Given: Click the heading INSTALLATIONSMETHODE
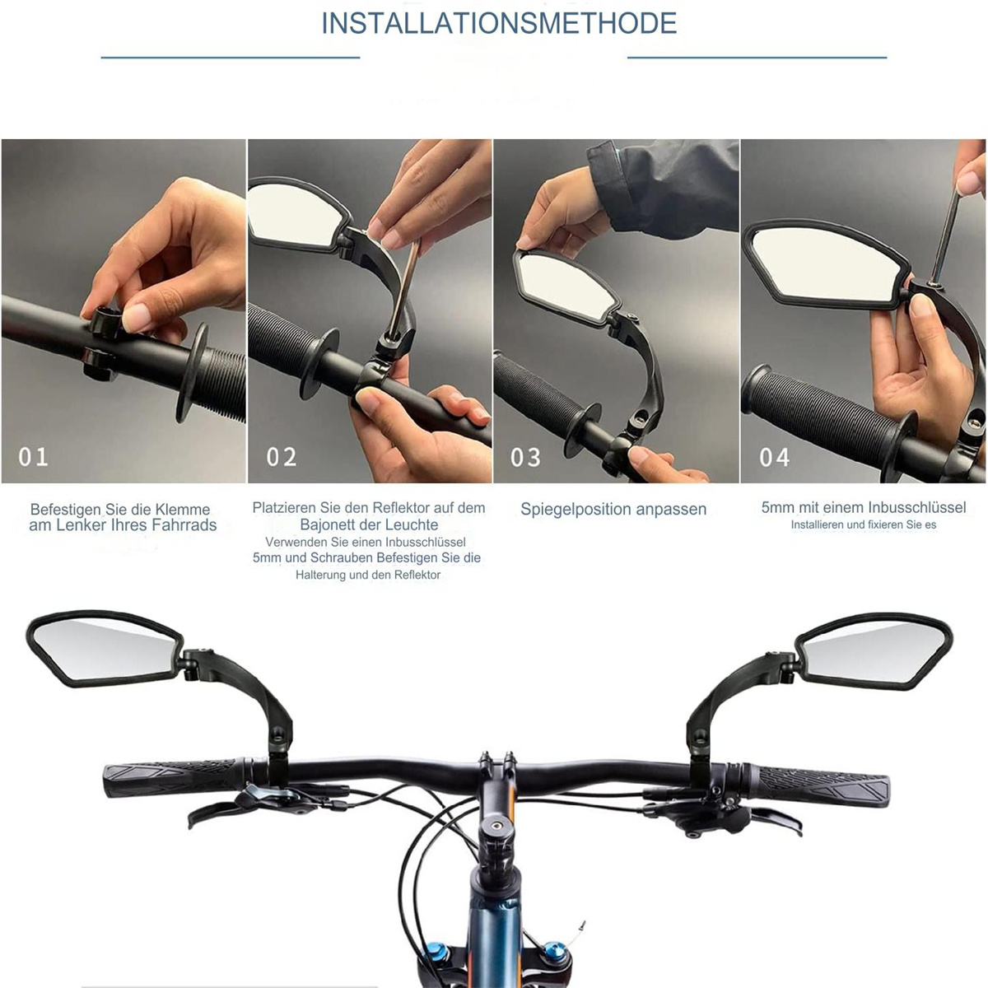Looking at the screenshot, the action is point(499,24).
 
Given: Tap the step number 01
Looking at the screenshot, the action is point(33,457).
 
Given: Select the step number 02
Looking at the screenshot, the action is point(282,457).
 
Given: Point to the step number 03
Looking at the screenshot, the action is point(525,457).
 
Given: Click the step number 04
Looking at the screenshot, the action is point(775,457).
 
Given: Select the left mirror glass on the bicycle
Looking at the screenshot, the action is point(103,647).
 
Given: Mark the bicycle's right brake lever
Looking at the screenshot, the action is point(774,823).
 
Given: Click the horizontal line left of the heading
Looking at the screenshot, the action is point(231,58).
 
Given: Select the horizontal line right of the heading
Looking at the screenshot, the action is point(757,58).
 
